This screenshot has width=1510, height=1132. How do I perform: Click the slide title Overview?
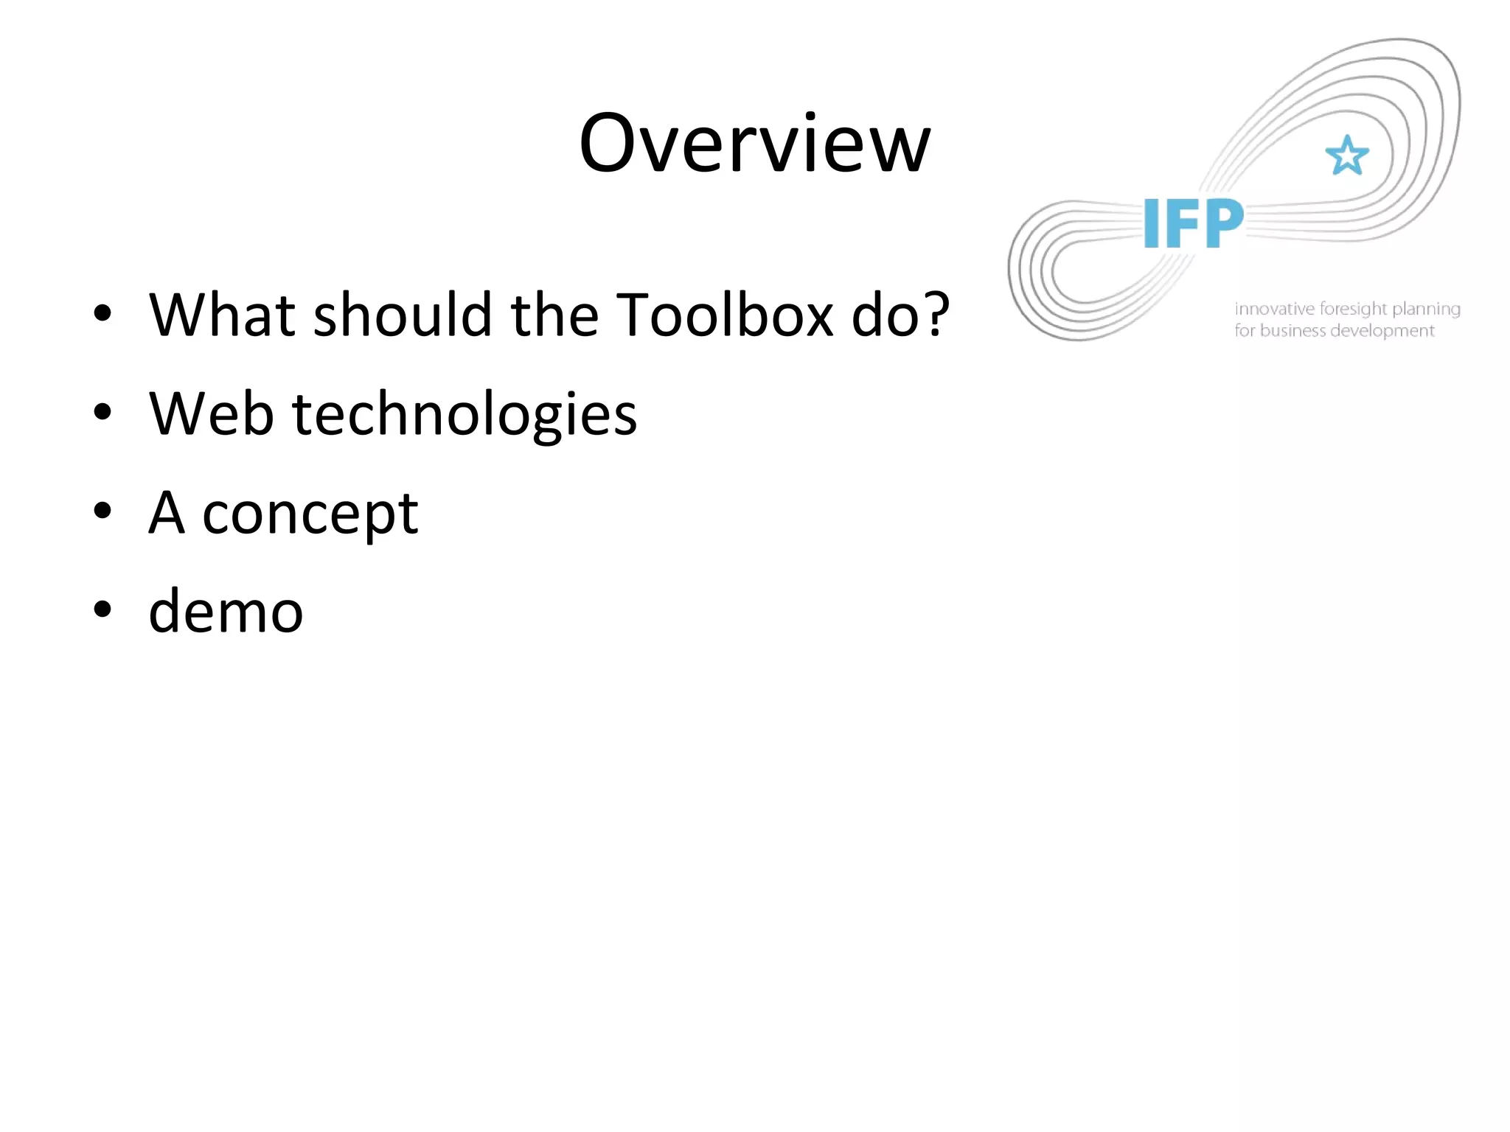click(x=754, y=144)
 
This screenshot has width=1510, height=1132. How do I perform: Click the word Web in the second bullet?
click(x=212, y=414)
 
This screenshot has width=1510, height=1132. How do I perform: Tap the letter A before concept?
click(x=167, y=513)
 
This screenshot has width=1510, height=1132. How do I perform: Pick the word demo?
click(x=226, y=612)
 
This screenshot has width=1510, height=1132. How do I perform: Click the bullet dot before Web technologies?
click(x=102, y=413)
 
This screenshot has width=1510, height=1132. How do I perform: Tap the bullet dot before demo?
click(x=102, y=609)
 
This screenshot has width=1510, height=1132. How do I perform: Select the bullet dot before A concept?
click(x=102, y=511)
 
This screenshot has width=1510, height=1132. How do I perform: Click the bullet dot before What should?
click(x=102, y=313)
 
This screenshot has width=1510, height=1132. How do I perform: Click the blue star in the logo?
click(x=1347, y=156)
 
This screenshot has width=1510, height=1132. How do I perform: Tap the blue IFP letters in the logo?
click(x=1193, y=224)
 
